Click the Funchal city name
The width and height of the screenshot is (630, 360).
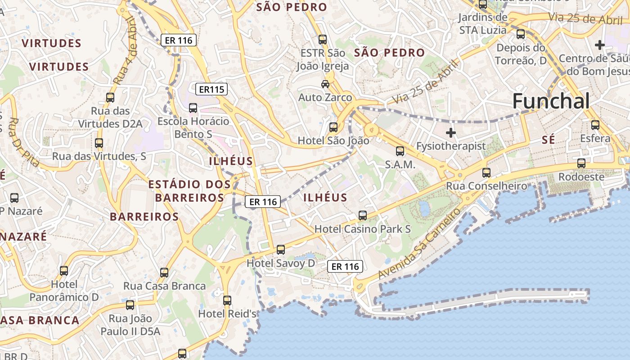point(551,101)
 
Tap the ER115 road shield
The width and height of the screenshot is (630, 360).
point(211,89)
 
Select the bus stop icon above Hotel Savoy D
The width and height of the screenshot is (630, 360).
point(281,249)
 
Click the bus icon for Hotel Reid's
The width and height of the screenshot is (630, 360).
point(227,300)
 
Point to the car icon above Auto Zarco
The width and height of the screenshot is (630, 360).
point(325,84)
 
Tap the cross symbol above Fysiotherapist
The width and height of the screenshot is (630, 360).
point(450,132)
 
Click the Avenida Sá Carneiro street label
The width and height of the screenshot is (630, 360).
point(419,243)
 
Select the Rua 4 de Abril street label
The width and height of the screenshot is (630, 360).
point(126,50)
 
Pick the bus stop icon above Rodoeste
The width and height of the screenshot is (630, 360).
point(581,163)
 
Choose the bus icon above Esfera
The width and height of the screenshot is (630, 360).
point(595,125)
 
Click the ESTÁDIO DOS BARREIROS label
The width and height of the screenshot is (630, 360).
point(189,191)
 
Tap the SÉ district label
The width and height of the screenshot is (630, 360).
point(548,140)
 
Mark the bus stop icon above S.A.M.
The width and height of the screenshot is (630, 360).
point(400,151)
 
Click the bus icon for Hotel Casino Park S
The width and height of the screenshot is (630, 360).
point(363,216)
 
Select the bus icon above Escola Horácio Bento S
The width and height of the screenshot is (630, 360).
point(193,108)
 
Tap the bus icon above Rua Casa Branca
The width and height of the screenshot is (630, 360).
point(164,272)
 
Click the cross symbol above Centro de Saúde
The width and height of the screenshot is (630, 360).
point(599,45)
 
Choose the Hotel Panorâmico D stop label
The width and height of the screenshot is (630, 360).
point(64,291)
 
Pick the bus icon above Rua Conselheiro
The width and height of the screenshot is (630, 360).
point(486,172)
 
